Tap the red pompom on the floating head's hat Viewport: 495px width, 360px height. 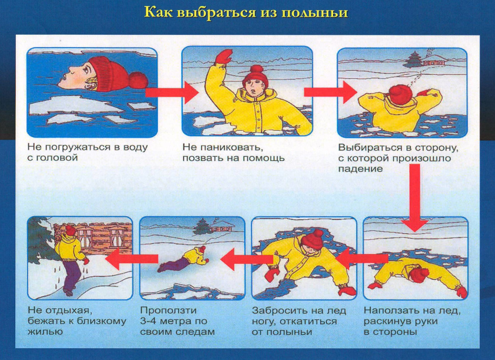(x=138, y=80)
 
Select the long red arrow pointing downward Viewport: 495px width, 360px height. (x=414, y=198)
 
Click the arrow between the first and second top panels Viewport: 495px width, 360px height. (x=172, y=93)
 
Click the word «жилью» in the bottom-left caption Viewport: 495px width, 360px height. (x=45, y=332)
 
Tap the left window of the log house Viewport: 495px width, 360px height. (x=85, y=236)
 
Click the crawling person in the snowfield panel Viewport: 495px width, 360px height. (x=183, y=259)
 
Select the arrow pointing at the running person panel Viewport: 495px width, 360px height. (x=132, y=259)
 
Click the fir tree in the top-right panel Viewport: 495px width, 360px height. (x=412, y=60)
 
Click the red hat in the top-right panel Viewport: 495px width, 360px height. (x=400, y=93)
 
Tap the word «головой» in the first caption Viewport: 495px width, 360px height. (x=52, y=158)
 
